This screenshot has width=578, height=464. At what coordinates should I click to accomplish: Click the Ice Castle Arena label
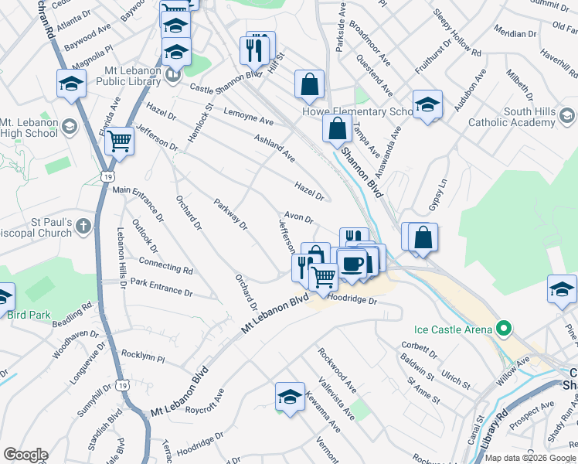click(x=447, y=330)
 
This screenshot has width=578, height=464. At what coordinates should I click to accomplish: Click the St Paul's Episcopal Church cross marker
click(x=84, y=226)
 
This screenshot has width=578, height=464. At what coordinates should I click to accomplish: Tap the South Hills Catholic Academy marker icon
click(x=567, y=117)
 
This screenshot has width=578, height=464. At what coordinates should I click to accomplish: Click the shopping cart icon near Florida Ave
click(x=120, y=142)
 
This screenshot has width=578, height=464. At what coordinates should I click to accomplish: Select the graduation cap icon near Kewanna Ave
click(x=290, y=397)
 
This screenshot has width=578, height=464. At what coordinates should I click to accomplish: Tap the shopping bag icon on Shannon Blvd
click(x=338, y=128)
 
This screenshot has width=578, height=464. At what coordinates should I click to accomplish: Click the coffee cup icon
click(x=352, y=264)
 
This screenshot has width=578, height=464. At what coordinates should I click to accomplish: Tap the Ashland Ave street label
click(x=275, y=148)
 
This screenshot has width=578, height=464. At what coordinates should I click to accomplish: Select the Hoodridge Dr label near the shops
click(x=352, y=298)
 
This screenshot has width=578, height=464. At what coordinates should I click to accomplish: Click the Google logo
click(x=25, y=455)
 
